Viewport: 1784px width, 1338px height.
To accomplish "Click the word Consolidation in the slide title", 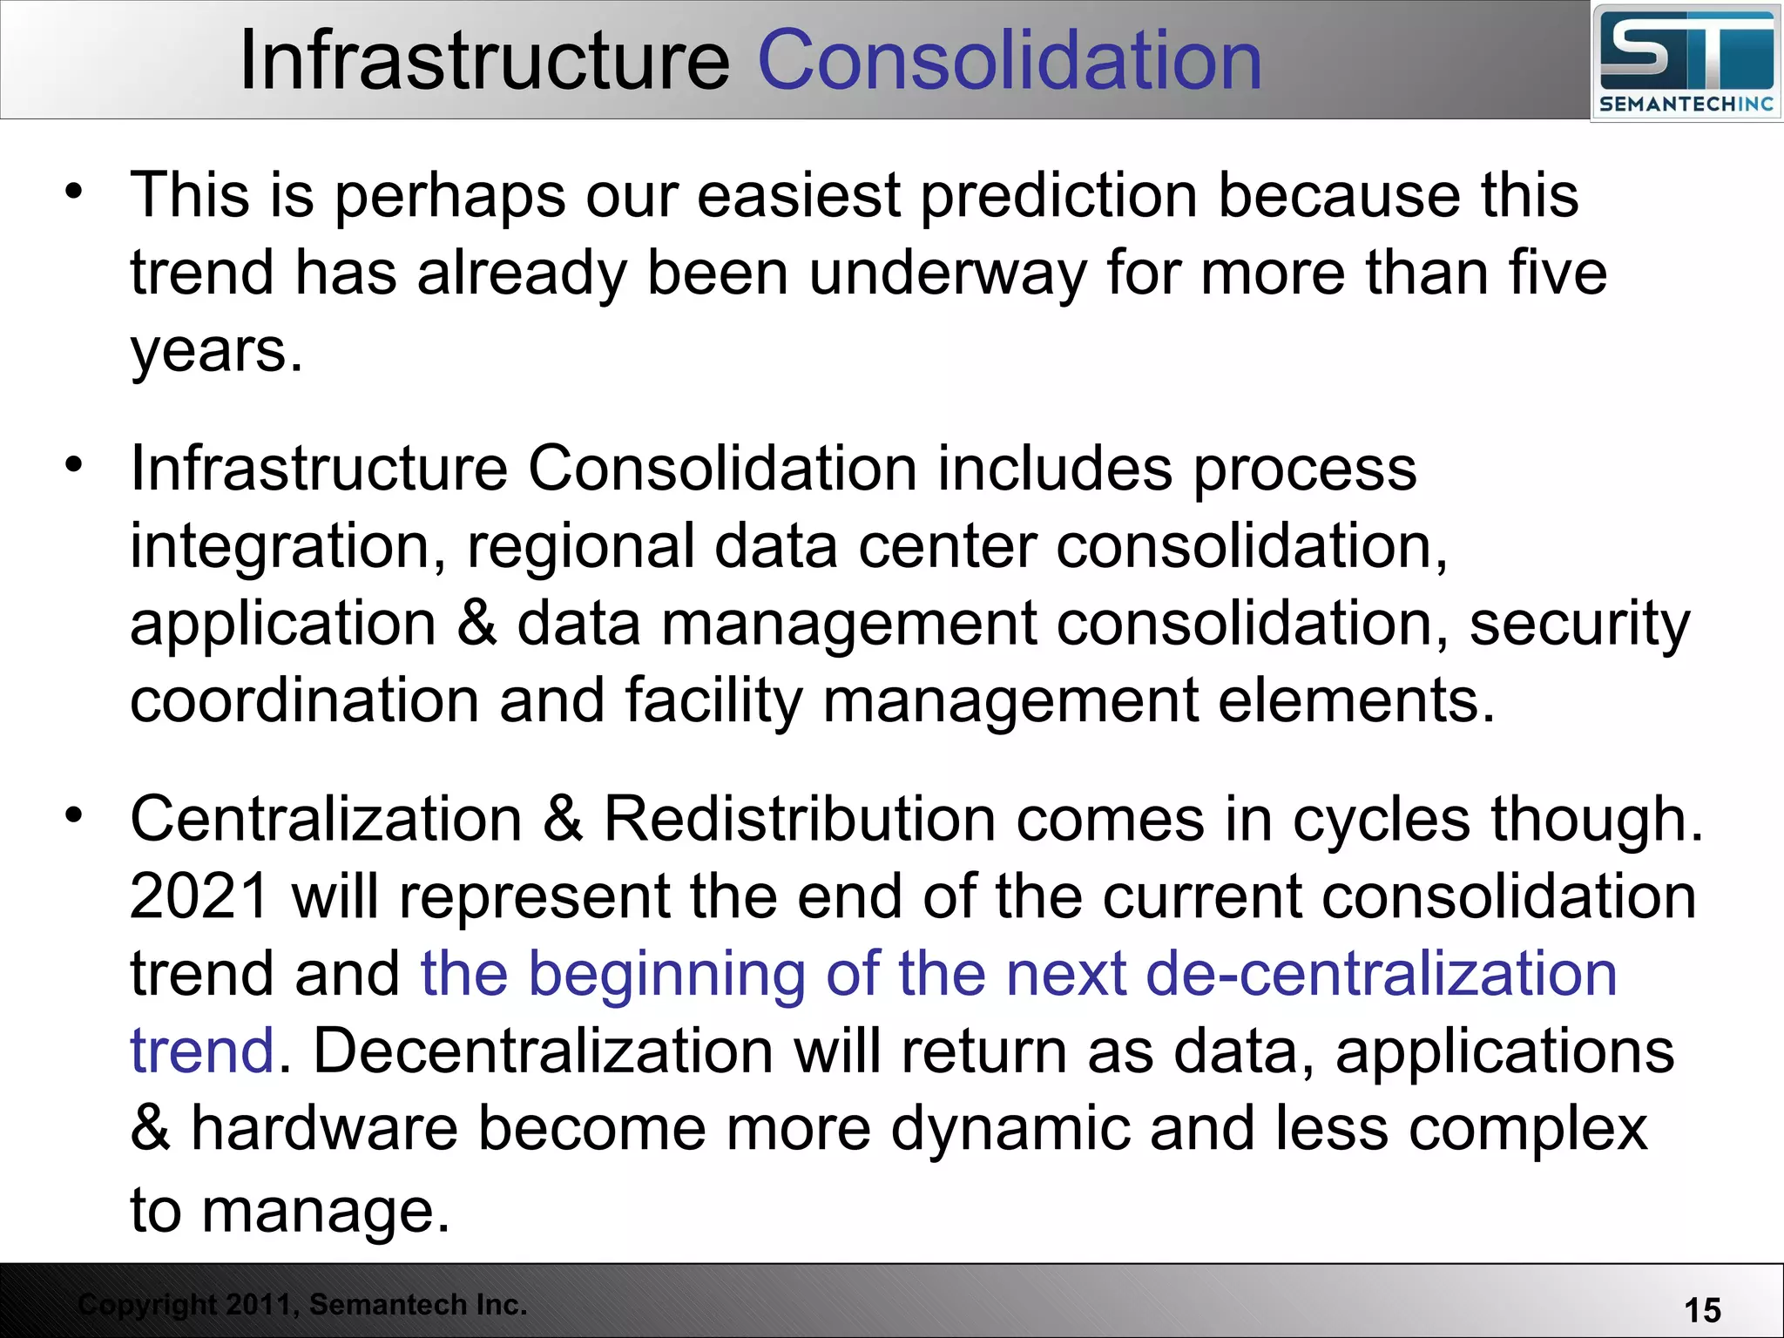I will pyautogui.click(x=1010, y=61).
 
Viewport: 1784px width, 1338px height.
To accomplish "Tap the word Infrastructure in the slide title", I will pyautogui.click(x=484, y=61).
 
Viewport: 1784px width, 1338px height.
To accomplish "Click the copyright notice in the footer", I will pyautogui.click(x=302, y=1305).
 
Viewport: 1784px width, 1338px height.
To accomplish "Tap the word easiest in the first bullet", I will pyautogui.click(x=798, y=195).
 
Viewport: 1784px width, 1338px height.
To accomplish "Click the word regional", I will pyautogui.click(x=580, y=547).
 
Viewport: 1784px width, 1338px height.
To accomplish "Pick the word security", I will pyautogui.click(x=1579, y=625).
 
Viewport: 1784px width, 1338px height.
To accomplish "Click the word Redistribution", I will pyautogui.click(x=800, y=820).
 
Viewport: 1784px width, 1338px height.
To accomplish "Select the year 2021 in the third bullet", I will pyautogui.click(x=199, y=897).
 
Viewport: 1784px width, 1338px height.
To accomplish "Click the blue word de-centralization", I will pyautogui.click(x=1382, y=974).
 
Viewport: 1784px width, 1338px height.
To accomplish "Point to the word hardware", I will pyautogui.click(x=324, y=1129).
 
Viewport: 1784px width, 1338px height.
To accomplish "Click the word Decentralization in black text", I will pyautogui.click(x=543, y=1051).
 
